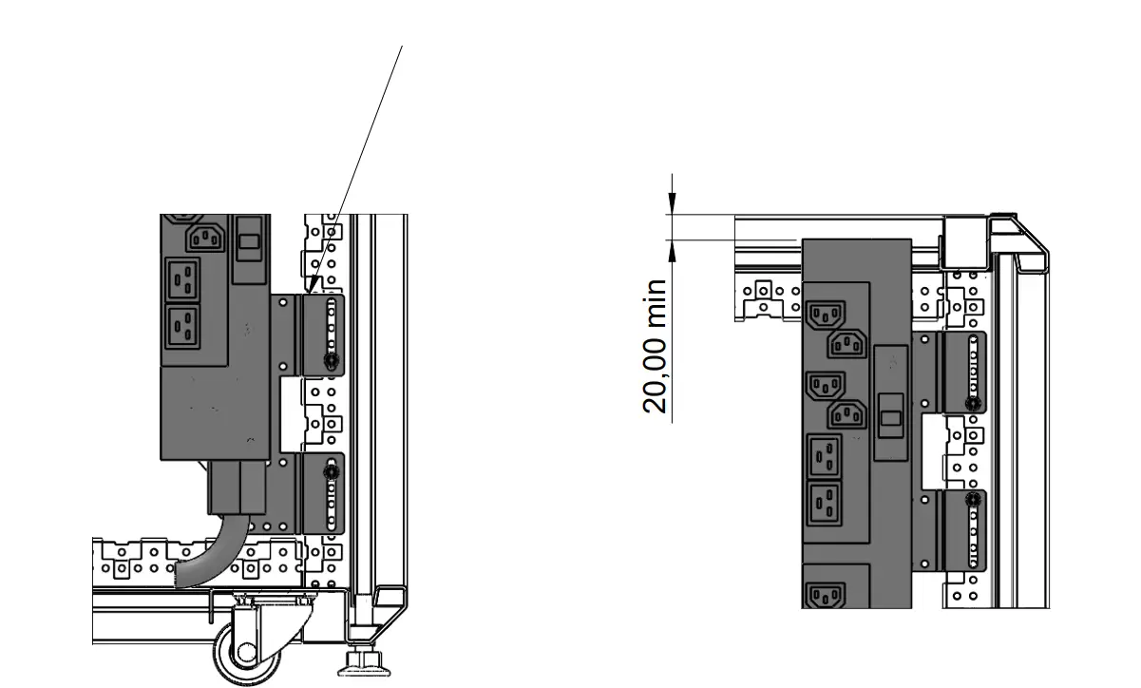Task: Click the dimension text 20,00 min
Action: click(655, 347)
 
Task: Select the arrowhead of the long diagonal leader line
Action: click(314, 285)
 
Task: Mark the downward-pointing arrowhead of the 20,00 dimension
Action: click(672, 203)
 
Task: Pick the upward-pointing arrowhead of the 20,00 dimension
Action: click(672, 251)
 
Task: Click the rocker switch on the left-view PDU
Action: click(249, 241)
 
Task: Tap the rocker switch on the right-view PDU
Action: click(890, 418)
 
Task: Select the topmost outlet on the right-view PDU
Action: click(826, 315)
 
